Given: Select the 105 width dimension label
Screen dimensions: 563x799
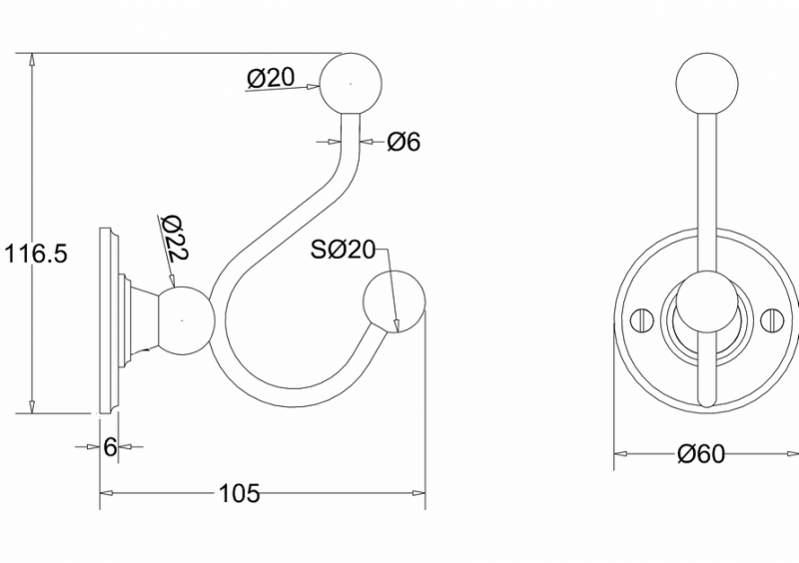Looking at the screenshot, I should click(239, 493).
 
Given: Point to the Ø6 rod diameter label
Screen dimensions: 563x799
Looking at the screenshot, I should click(403, 142).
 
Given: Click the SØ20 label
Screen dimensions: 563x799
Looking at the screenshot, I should click(342, 251).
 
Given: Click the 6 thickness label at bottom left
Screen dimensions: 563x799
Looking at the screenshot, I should click(111, 446).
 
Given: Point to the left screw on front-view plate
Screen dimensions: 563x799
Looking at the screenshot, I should click(643, 320).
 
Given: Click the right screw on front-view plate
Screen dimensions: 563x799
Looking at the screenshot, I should click(770, 320).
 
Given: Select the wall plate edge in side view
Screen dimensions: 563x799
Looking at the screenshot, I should click(107, 319).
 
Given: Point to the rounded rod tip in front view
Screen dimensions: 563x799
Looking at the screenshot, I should click(706, 399).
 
